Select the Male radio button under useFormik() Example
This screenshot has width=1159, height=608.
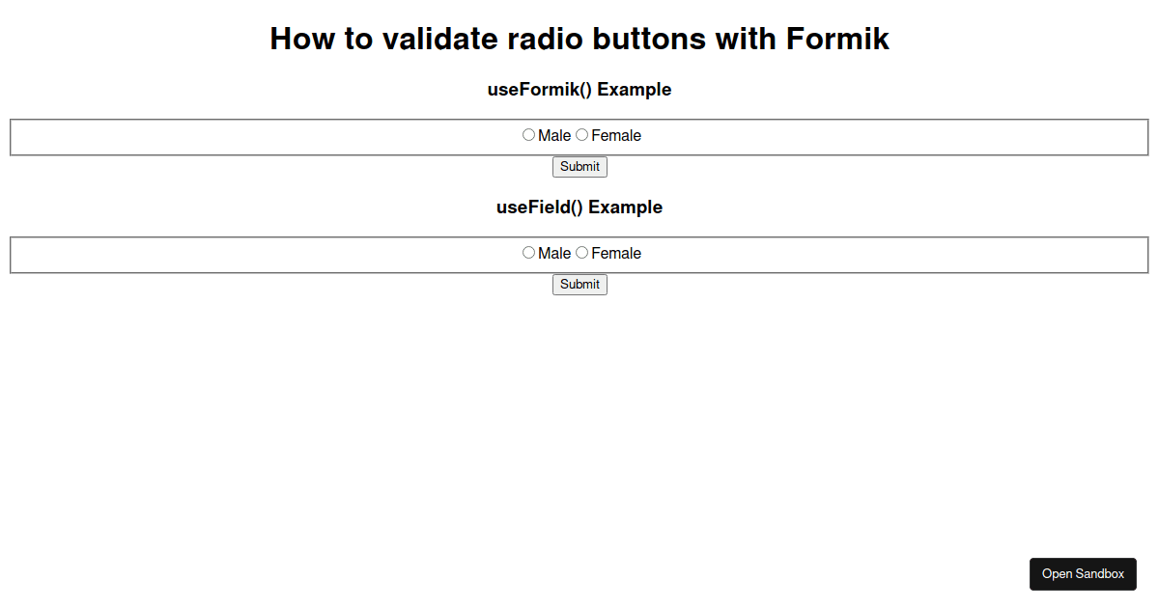coord(528,135)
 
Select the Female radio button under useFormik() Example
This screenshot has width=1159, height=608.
coord(581,135)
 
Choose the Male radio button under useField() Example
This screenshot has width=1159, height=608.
coord(528,253)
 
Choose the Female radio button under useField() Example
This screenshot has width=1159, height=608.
coord(581,253)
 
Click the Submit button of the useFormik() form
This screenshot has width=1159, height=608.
coord(579,167)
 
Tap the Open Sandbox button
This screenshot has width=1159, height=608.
coord(1083,574)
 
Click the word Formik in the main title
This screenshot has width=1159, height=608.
coord(837,39)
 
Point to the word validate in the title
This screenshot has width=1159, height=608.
coord(439,39)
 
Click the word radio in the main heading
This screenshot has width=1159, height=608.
coord(545,39)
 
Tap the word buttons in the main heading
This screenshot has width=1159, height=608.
coord(649,39)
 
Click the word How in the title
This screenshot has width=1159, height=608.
coord(302,39)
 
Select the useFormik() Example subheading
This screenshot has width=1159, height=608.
coord(579,90)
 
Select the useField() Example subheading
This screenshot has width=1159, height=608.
coord(579,207)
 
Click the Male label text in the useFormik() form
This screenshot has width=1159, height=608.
coord(554,135)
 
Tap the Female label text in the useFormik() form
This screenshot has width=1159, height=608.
coord(616,135)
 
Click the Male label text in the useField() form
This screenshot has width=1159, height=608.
coord(554,253)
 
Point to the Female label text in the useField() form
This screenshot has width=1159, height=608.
coord(616,253)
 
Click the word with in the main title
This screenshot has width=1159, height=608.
coord(746,39)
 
